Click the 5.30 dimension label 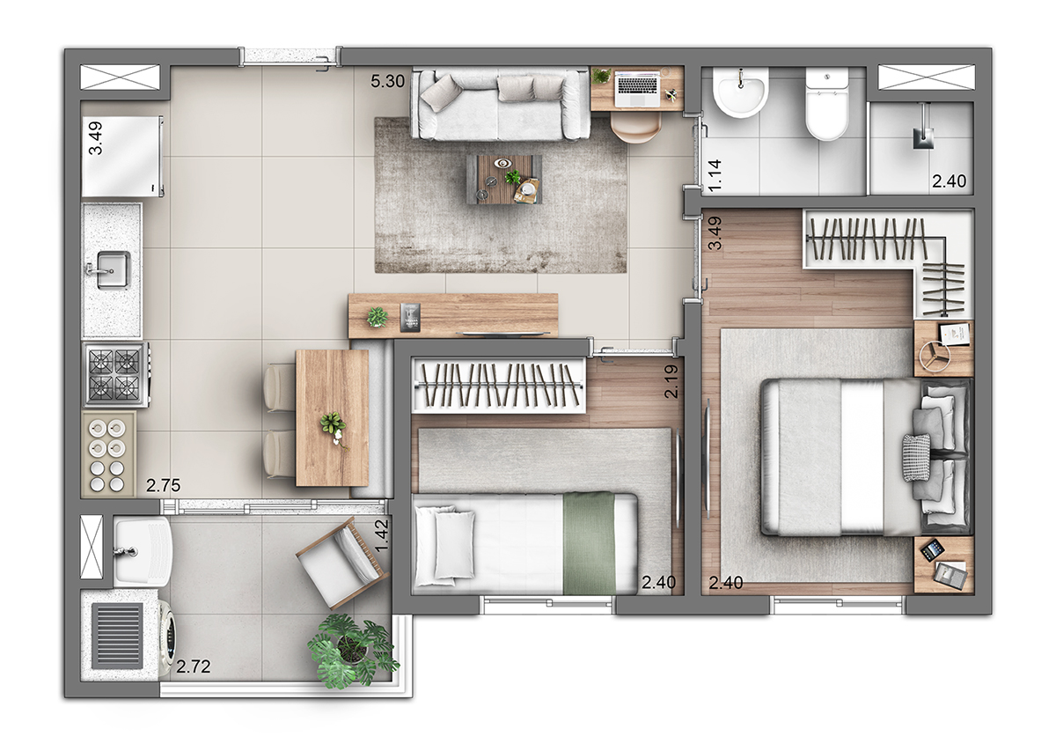tap(387, 81)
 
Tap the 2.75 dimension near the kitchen tap(163, 485)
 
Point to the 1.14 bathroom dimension tap(715, 175)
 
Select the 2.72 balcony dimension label tap(194, 666)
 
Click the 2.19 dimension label tap(671, 382)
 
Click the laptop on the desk tap(637, 89)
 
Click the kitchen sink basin tap(114, 269)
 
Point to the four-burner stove tap(115, 374)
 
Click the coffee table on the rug tap(504, 180)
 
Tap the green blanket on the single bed tap(589, 543)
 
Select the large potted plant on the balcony tap(352, 650)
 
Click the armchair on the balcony tap(342, 563)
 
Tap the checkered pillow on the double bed tap(916, 458)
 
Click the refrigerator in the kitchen tap(122, 156)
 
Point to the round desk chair tap(635, 127)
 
